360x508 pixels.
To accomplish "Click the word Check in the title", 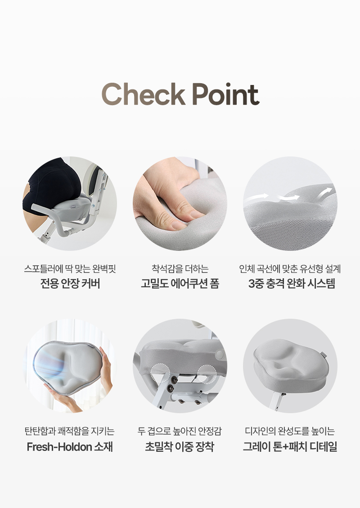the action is pyautogui.click(x=144, y=94).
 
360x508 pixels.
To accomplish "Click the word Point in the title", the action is pyautogui.click(x=225, y=94).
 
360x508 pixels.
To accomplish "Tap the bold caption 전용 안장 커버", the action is pyautogui.click(x=70, y=284).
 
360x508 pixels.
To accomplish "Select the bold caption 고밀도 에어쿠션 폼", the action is pyautogui.click(x=180, y=284).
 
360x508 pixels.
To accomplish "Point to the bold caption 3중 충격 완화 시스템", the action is pyautogui.click(x=292, y=284).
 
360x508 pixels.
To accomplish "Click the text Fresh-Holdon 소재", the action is pyautogui.click(x=70, y=447).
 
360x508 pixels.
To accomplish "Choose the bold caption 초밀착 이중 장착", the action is pyautogui.click(x=180, y=447).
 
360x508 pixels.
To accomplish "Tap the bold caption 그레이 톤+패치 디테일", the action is pyautogui.click(x=290, y=447).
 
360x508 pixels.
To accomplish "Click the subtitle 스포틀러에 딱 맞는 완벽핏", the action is pyautogui.click(x=70, y=268).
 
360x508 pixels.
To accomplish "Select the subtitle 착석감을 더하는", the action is pyautogui.click(x=180, y=268).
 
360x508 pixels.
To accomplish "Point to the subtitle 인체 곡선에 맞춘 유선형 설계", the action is pyautogui.click(x=290, y=268).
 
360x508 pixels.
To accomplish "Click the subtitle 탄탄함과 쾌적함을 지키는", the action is pyautogui.click(x=70, y=431).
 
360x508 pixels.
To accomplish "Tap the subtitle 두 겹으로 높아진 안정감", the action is pyautogui.click(x=180, y=431).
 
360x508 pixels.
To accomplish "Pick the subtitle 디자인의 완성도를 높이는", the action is pyautogui.click(x=290, y=431).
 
